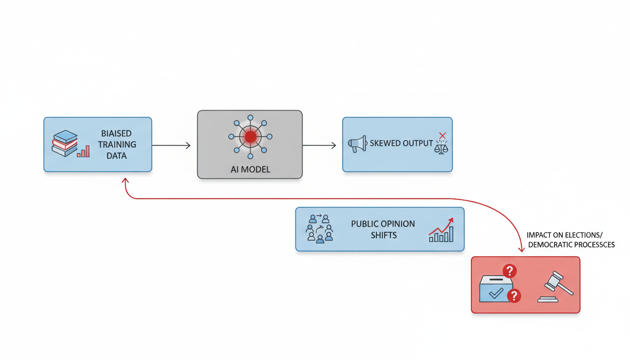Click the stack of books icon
click(x=65, y=143)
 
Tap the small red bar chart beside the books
click(x=83, y=151)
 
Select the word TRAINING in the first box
click(x=117, y=144)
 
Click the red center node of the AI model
click(x=250, y=136)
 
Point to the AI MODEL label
click(x=250, y=169)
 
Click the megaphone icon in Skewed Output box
click(x=357, y=144)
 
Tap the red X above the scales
click(x=442, y=135)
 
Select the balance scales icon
click(x=441, y=148)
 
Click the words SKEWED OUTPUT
click(x=401, y=143)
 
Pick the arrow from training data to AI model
click(x=172, y=146)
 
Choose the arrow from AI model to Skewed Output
click(x=320, y=146)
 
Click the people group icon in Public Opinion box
click(x=320, y=228)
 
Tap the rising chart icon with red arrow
click(x=441, y=230)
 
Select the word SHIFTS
click(x=383, y=235)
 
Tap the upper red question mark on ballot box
click(x=510, y=271)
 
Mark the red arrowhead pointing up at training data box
click(x=126, y=181)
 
